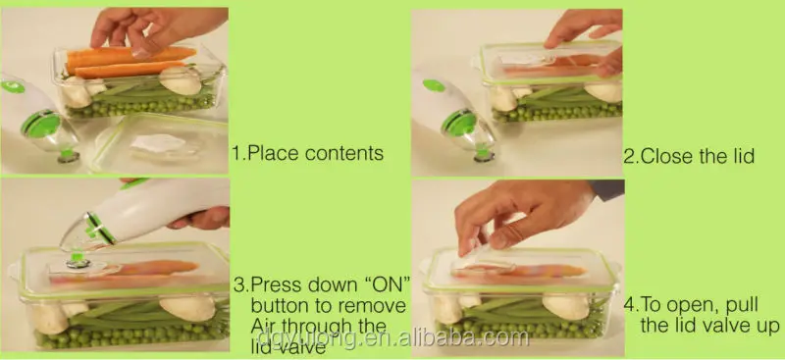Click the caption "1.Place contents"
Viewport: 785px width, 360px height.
click(x=306, y=154)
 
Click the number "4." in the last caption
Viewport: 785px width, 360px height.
click(x=633, y=303)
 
